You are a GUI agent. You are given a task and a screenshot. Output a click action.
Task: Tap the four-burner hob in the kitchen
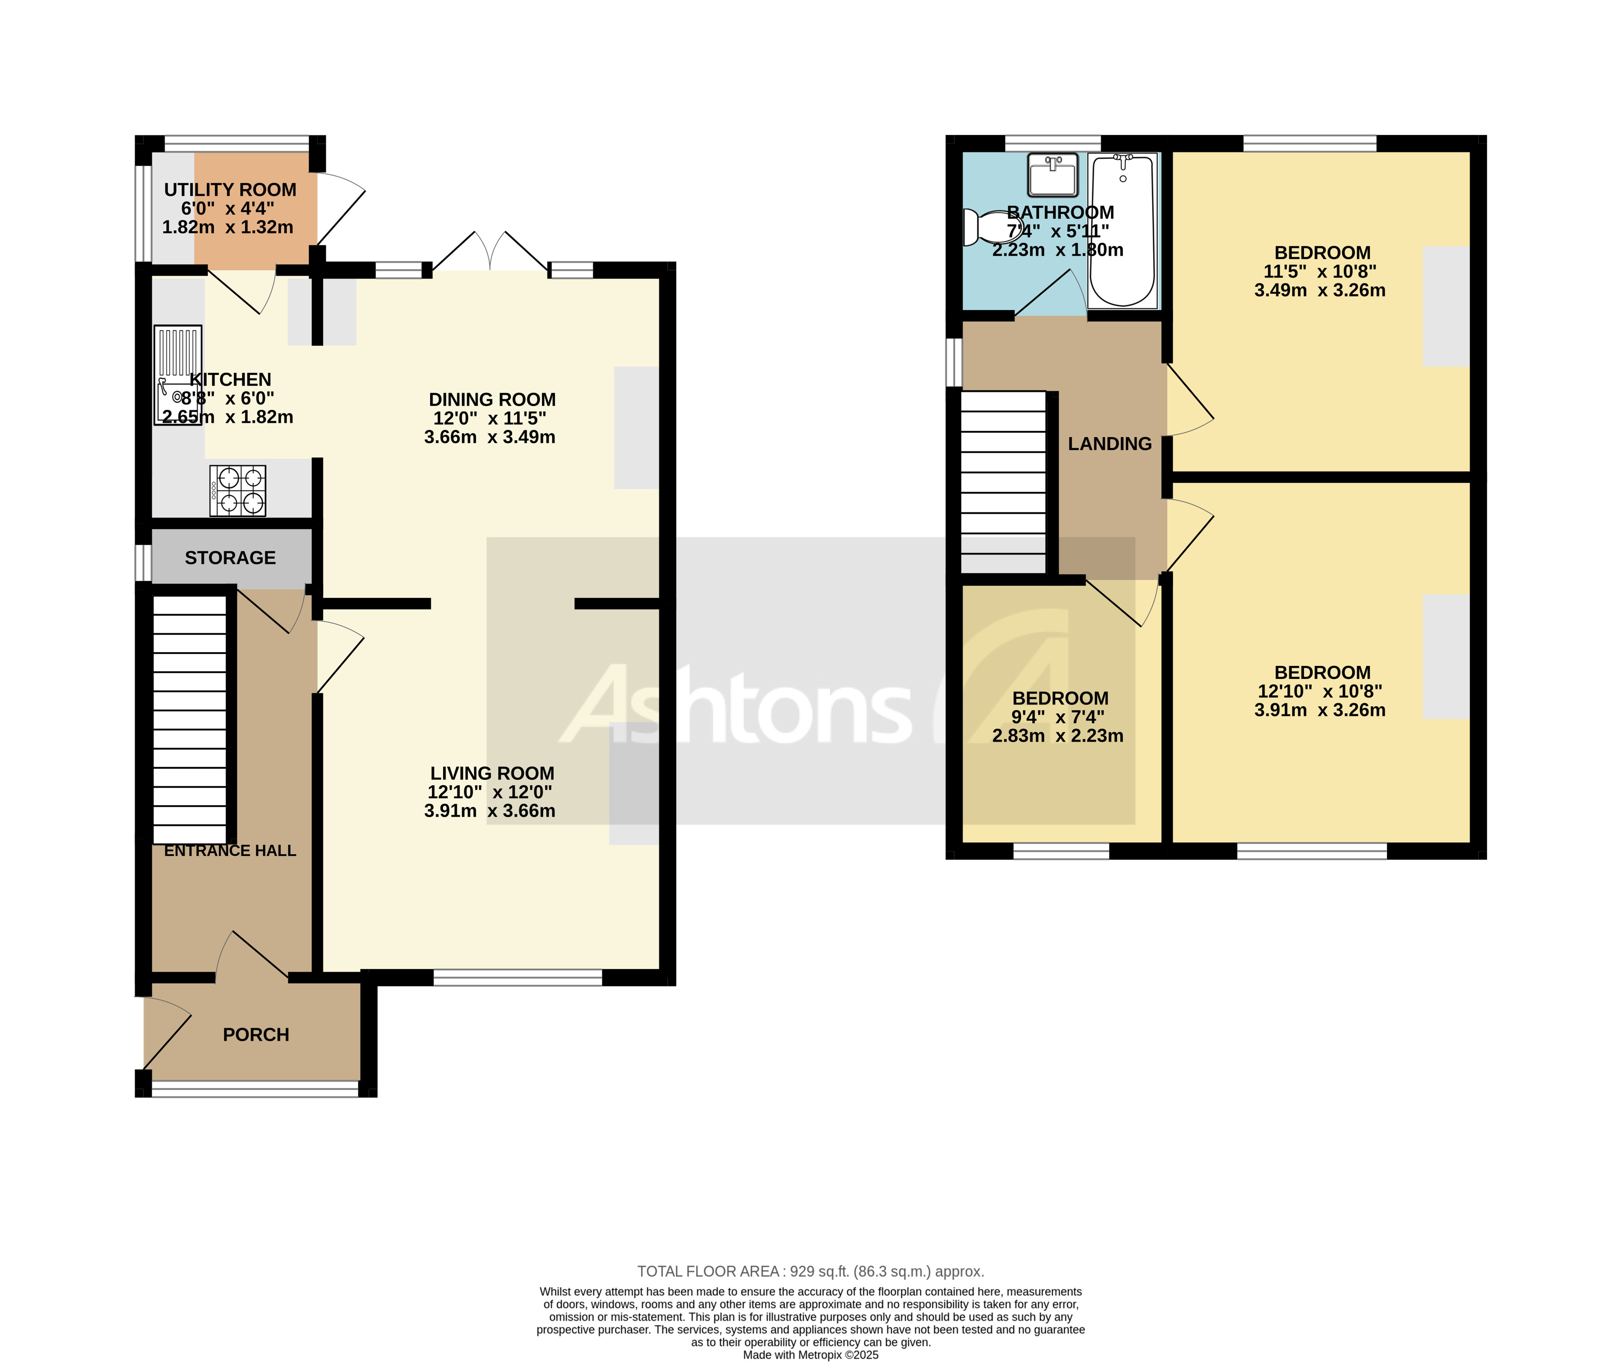(238, 491)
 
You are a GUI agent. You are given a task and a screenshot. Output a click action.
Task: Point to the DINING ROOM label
(492, 400)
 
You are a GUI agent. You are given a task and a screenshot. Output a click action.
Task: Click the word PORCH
(256, 1035)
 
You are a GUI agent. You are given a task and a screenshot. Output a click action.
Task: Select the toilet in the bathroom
(990, 227)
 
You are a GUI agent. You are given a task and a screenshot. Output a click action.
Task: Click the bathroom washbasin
(1052, 175)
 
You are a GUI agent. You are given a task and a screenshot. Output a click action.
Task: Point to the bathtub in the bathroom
(1122, 230)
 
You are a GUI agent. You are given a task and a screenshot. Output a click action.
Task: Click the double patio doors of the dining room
(490, 251)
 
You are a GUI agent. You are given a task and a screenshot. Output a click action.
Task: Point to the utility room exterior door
(340, 209)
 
